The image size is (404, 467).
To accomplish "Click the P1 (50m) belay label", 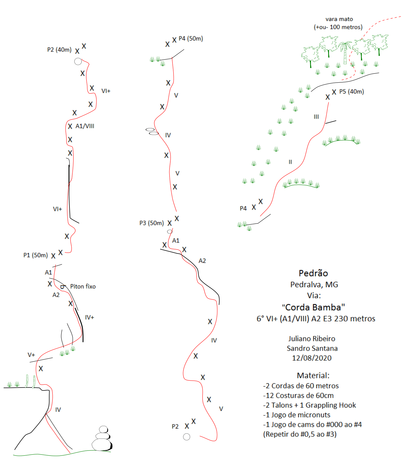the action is pos(35,255).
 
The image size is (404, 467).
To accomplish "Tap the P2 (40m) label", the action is pos(59,50).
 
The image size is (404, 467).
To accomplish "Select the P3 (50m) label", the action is pos(152,223).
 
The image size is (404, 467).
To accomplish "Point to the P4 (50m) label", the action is pos(191,39).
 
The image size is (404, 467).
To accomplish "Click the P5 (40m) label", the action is pos(352,92).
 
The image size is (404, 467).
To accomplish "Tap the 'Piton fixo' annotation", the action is pos(83,286).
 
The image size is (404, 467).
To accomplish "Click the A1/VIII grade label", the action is pos(85,126).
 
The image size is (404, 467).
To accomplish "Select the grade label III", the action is pos(316,117).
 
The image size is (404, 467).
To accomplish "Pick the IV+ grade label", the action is pos(89,317).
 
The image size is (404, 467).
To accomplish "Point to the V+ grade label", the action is pos(31,355).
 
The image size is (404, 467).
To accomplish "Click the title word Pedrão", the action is pos(313,273).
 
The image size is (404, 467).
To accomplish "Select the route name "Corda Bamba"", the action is pos(314,307).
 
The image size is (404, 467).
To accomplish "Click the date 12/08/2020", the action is pos(312,358).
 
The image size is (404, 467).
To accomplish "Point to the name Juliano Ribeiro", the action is pos(312,339).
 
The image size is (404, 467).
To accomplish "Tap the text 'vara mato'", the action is pos(339,19).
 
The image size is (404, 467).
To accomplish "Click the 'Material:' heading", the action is pos(313,375).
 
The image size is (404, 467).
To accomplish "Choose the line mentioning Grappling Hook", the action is pos(310,405).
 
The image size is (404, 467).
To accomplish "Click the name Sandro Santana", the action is pos(312,348).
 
